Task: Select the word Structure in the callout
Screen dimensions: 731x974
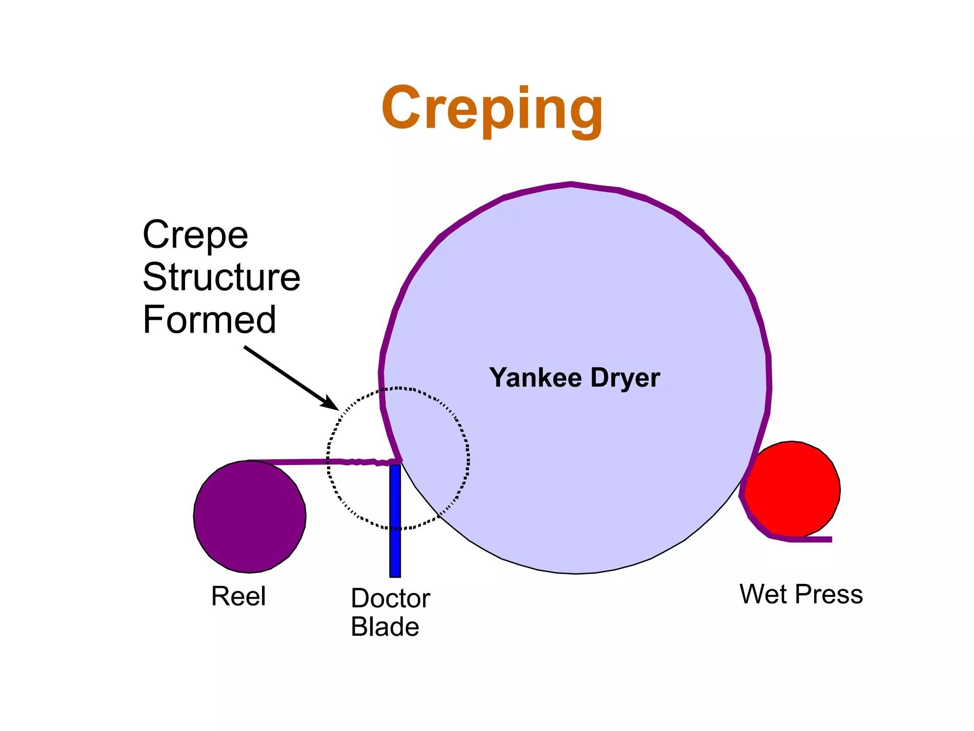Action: [222, 277]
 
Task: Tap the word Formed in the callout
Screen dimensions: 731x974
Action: [209, 320]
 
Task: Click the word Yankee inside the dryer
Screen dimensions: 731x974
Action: [536, 378]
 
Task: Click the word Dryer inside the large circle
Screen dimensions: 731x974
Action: [625, 378]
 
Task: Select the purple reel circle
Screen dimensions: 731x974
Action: [250, 517]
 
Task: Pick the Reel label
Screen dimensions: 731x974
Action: [238, 596]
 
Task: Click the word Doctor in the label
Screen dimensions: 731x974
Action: [390, 599]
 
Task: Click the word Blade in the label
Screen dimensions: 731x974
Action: [385, 627]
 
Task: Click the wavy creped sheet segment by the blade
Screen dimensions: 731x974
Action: [364, 462]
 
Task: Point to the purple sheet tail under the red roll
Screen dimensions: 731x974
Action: [811, 539]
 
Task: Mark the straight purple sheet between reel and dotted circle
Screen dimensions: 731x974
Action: [290, 462]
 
